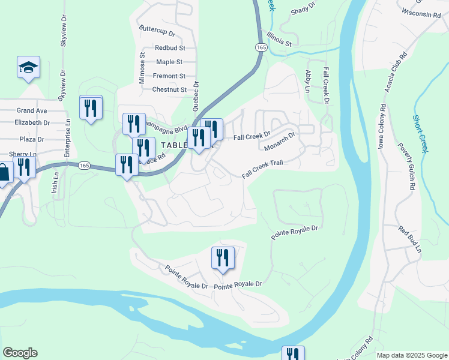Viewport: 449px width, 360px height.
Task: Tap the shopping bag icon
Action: [4, 173]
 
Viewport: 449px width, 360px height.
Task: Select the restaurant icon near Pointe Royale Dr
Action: [222, 258]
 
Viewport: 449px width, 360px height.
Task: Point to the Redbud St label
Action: [170, 48]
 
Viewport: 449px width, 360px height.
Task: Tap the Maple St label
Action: [169, 62]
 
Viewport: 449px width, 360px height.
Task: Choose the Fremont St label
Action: [169, 76]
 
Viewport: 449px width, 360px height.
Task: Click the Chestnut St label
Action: [169, 90]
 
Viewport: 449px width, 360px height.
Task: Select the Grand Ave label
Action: [32, 110]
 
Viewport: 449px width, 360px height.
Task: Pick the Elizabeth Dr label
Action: [32, 122]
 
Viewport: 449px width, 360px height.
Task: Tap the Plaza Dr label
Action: [32, 139]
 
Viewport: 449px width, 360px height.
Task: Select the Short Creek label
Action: [419, 134]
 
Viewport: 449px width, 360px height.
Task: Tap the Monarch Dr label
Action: [280, 141]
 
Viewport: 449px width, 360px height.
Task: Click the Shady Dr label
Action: [303, 11]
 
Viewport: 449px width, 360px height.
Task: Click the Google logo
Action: [20, 353]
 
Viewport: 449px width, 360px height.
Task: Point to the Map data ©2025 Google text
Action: [411, 355]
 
